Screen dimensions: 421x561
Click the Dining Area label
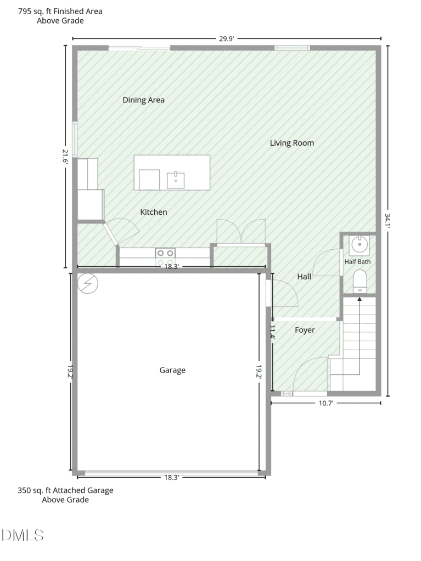(x=143, y=100)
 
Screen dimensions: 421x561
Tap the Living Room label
(x=292, y=143)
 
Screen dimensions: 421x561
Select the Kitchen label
(x=154, y=212)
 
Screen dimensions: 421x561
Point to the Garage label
(x=172, y=370)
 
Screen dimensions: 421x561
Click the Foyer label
(x=305, y=330)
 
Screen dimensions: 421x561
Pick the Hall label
(x=304, y=277)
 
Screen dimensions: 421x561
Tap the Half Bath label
(x=357, y=262)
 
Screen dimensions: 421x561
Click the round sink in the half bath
(x=359, y=245)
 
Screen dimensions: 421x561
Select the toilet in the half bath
(x=360, y=282)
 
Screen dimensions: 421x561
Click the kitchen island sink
(x=176, y=180)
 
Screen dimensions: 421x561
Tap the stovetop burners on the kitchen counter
(x=165, y=253)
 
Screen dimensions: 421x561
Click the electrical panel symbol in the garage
(x=87, y=283)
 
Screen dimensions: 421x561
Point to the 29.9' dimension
(x=227, y=39)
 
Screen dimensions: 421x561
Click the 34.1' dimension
(x=388, y=221)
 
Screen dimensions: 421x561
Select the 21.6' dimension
(x=65, y=156)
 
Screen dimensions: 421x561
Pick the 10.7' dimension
(x=326, y=403)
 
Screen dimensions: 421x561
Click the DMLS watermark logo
(x=23, y=535)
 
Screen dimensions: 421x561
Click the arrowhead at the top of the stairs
(x=360, y=299)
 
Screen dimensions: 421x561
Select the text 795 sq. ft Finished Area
(x=60, y=12)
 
